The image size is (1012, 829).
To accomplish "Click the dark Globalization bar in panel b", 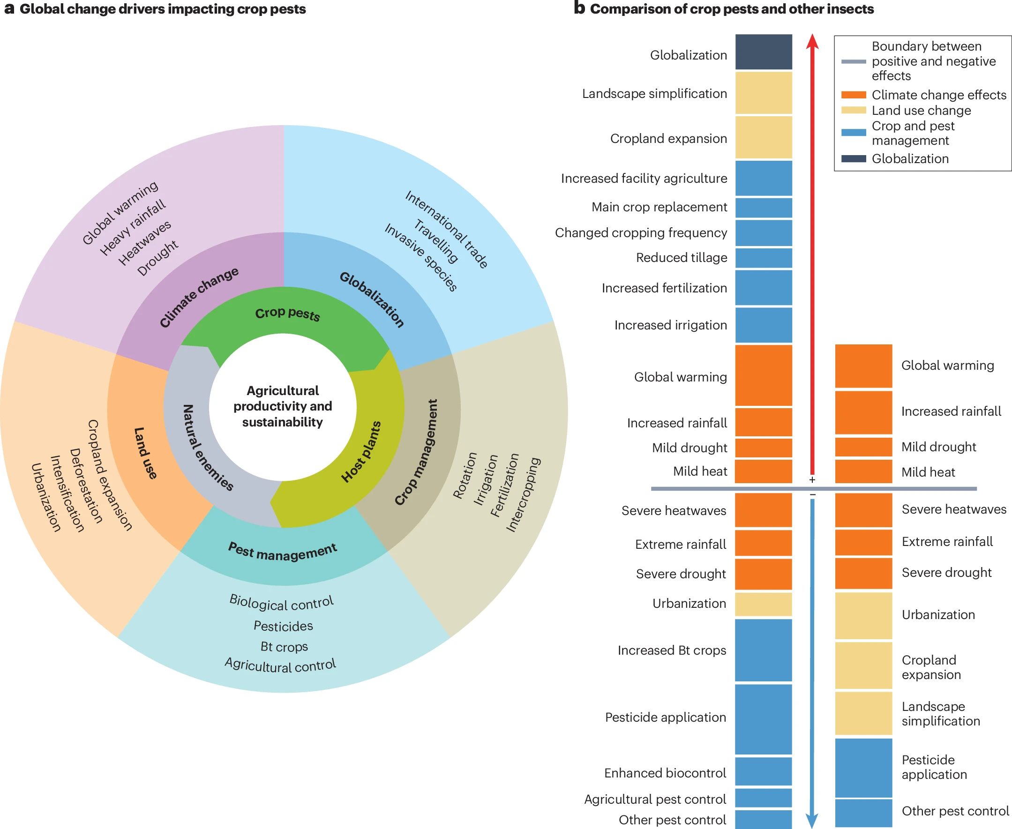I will coord(763,52).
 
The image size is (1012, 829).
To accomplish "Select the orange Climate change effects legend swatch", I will coord(853,95).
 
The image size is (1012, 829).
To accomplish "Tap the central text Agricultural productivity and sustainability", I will coord(283,406).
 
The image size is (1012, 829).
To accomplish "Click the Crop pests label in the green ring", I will coord(287,313).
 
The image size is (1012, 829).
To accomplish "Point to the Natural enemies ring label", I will coord(207,447).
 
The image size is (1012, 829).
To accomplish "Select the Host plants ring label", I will coord(361,452).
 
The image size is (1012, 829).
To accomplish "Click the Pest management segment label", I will coord(283,551).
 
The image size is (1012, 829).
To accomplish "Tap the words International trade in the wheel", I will coord(447,229).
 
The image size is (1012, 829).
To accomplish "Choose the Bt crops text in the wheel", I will coord(284,647).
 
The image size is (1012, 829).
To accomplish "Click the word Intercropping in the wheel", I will coord(523,494).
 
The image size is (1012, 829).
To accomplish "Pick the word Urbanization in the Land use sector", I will coord(46,497).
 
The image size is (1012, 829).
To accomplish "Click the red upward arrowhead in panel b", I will coord(812,41).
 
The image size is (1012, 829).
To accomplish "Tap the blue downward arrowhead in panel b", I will coord(812,820).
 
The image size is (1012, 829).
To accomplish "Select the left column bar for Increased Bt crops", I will coord(763,650).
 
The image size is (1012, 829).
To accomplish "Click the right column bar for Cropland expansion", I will coord(863,666).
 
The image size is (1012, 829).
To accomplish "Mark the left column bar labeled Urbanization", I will coord(763,604).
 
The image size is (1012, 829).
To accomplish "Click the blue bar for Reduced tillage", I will coord(763,258).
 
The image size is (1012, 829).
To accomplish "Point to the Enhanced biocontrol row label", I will coord(665,773).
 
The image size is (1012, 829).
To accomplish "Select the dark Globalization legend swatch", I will coord(853,158).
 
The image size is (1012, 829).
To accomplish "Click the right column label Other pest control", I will coord(955,811).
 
